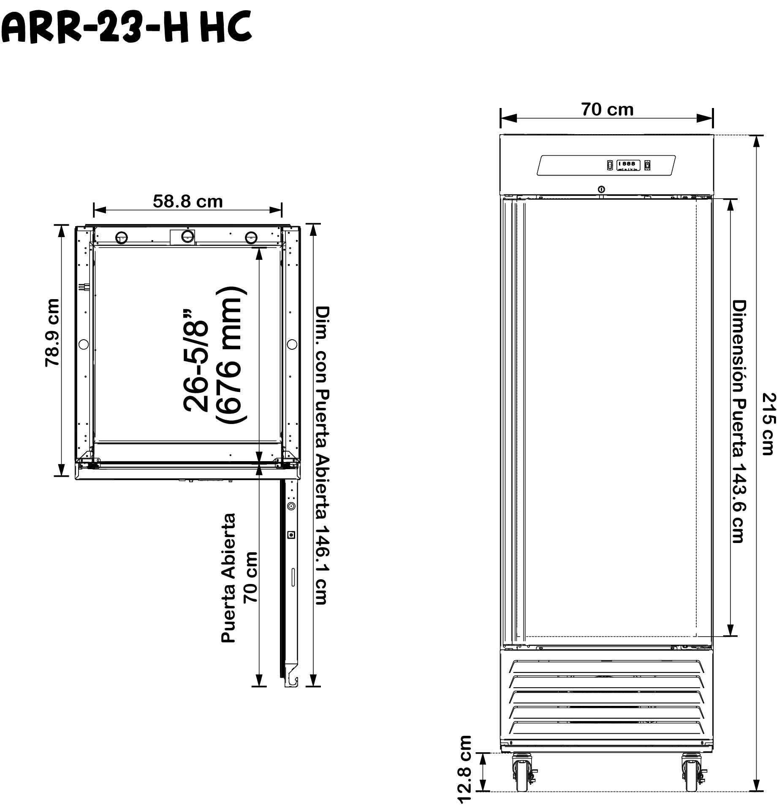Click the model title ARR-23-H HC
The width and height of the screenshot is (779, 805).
(127, 27)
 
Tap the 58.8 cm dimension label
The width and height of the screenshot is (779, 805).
(187, 202)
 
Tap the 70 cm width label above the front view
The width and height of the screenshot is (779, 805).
(608, 110)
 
